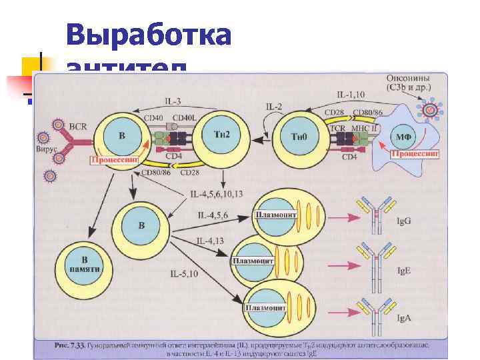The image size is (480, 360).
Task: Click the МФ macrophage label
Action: (403, 137)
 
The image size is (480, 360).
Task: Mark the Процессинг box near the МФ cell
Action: (415, 153)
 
